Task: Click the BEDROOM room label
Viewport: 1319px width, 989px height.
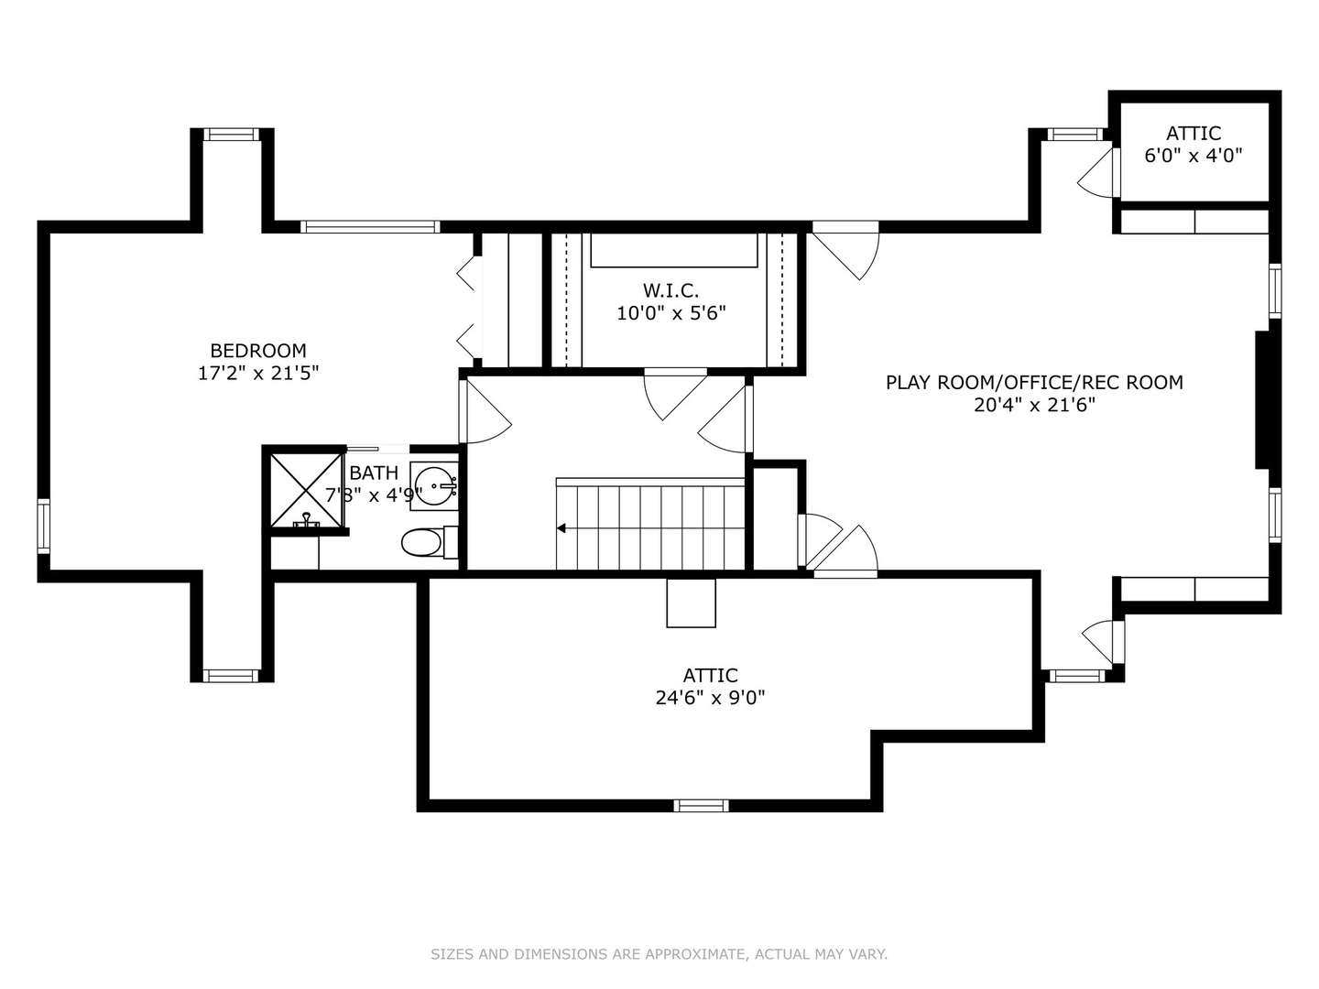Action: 258,351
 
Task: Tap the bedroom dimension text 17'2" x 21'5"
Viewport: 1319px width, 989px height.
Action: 258,374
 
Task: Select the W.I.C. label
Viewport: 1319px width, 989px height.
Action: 670,291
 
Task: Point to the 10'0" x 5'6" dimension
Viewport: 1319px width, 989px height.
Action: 670,314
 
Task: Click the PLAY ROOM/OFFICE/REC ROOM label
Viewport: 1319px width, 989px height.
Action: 1034,383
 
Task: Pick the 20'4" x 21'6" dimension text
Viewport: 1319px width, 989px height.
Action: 1034,406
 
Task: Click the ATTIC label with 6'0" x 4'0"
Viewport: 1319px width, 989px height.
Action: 1193,134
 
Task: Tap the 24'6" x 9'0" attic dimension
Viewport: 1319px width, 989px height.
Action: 710,698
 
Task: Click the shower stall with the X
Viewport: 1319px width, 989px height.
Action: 306,490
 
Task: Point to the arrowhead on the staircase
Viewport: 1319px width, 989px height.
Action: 561,528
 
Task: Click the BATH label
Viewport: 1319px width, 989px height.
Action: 374,473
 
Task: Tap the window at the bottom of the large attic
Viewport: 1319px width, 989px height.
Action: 702,806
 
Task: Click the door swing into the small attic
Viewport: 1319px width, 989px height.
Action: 1099,174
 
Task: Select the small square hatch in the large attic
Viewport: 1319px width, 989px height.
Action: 691,603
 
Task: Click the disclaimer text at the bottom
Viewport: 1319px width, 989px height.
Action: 659,954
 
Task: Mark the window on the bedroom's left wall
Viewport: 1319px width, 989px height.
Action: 43,526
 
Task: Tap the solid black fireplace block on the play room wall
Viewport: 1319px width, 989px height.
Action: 1262,400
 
